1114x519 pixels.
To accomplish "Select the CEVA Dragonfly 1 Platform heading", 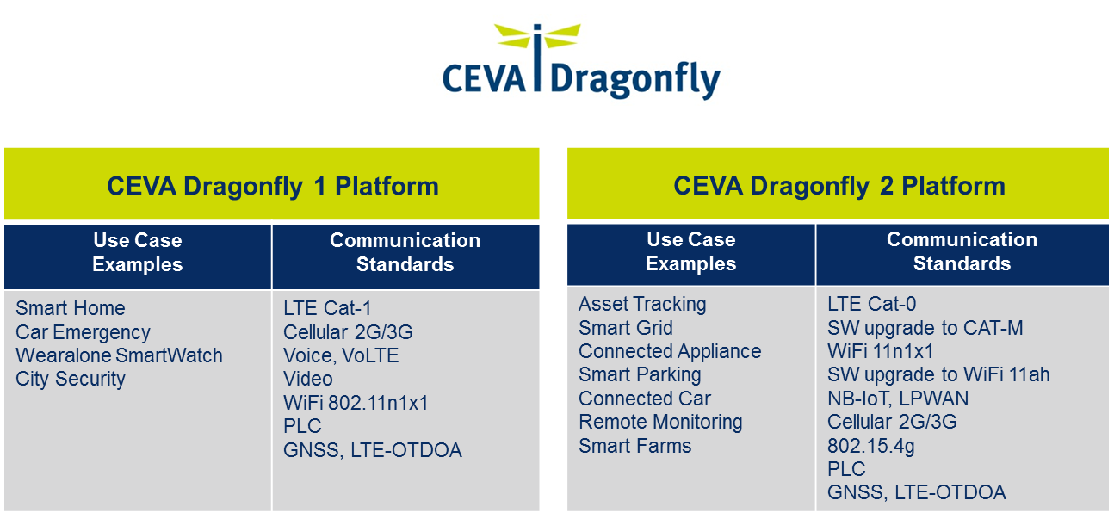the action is point(273,187).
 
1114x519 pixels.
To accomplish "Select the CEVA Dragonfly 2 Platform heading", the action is point(839,186).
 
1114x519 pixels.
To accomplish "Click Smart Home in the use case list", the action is point(70,308).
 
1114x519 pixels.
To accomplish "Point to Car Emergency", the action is point(83,332).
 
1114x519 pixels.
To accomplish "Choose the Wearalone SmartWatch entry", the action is point(119,355).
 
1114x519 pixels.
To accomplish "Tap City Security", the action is point(70,379).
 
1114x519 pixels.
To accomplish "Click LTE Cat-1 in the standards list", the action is point(327,308).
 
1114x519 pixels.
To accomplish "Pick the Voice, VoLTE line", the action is point(341,355).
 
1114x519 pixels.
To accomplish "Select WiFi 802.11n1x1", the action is point(356,403).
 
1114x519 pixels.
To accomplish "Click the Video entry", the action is point(308,379).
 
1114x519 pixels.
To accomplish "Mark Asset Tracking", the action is point(642,304).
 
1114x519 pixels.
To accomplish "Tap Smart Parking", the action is point(640,375).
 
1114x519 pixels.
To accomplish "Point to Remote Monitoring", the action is point(660,422).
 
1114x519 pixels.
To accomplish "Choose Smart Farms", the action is point(634,446).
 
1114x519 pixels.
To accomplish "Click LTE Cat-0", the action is point(872,304).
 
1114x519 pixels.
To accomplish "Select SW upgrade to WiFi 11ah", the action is point(938,375).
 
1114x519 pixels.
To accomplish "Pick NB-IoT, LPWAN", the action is point(898,399).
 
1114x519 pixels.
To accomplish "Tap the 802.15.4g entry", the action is point(871,446).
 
